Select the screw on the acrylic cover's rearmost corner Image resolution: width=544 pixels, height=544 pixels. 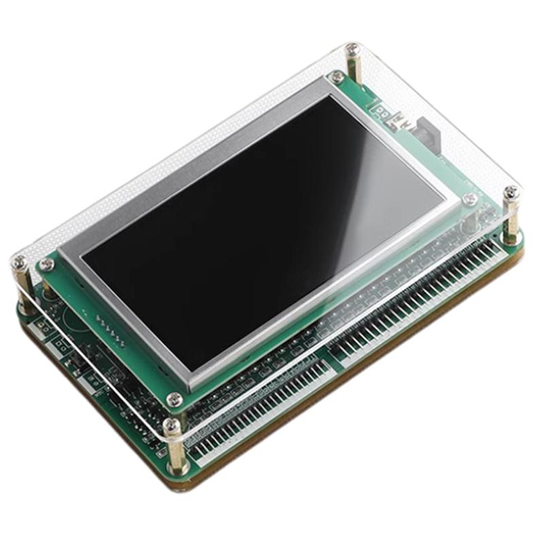click(352, 50)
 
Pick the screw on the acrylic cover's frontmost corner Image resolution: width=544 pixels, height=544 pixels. click(173, 426)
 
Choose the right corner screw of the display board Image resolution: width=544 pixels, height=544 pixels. click(469, 199)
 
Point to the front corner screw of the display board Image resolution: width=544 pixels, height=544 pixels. click(175, 400)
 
